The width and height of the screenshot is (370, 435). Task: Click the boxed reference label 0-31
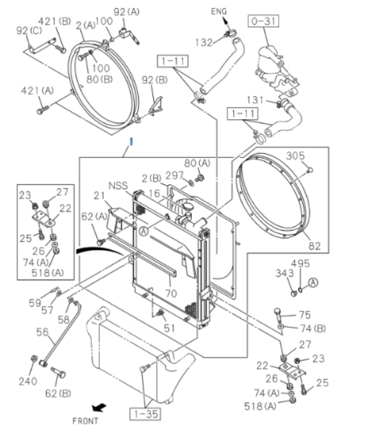click(263, 22)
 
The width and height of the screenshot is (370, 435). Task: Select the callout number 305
click(295, 156)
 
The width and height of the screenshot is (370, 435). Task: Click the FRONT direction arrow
click(99, 408)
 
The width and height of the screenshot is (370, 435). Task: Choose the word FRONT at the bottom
click(85, 421)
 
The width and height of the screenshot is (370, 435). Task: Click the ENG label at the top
click(219, 11)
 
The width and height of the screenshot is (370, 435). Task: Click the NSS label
click(119, 186)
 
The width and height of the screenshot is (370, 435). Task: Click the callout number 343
click(284, 273)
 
